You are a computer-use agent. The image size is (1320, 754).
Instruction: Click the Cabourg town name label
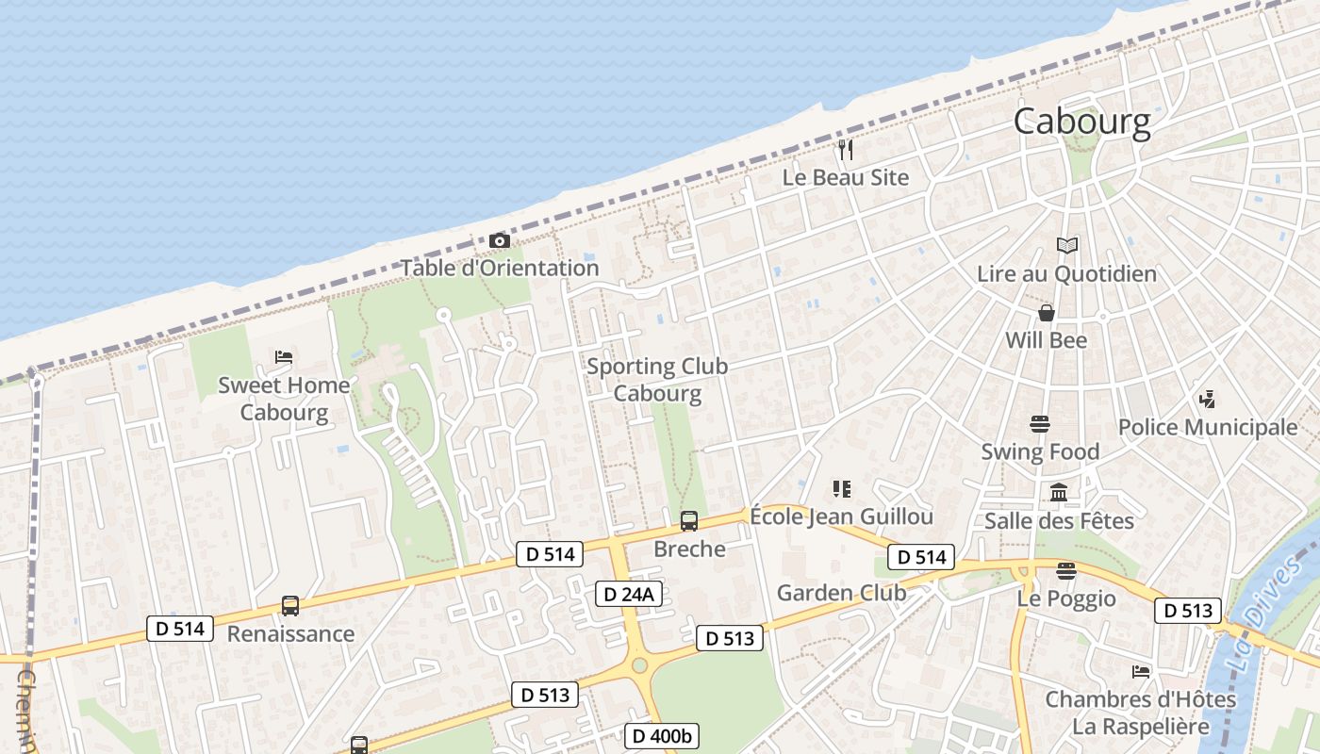1081,122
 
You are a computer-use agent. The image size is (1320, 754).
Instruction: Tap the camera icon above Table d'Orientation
500,241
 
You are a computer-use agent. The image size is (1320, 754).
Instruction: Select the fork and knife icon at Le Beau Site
846,150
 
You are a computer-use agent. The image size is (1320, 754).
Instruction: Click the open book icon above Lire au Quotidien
1066,246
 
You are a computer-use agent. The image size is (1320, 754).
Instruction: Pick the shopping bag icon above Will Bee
1046,313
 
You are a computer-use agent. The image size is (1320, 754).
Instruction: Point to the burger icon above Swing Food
1040,424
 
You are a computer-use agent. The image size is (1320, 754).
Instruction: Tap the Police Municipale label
1207,427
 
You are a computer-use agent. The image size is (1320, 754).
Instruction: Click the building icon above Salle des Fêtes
1059,493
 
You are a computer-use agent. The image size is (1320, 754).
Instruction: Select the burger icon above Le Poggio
1066,571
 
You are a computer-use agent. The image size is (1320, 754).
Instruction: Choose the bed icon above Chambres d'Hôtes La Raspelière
1141,672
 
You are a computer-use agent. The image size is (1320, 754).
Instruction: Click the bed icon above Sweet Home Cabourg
284,357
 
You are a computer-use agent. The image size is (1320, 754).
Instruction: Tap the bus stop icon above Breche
689,521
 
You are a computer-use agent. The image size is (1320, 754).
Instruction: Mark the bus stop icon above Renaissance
290,606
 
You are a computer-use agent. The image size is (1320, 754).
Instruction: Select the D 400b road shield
661,735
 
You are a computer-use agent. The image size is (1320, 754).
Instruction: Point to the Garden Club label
841,593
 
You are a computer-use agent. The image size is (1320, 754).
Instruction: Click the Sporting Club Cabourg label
657,380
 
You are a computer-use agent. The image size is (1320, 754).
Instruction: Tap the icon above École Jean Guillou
841,488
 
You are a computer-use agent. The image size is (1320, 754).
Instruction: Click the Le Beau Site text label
846,177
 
